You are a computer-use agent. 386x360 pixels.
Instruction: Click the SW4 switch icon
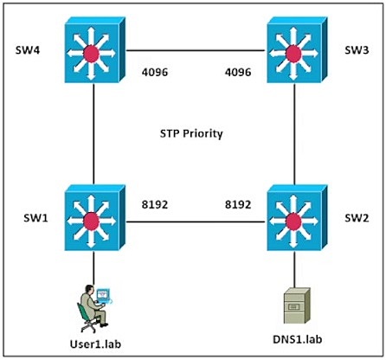95,50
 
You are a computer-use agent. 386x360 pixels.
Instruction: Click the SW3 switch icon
297,50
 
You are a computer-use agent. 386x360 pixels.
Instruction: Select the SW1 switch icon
95,218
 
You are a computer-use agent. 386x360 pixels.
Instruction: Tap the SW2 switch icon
297,218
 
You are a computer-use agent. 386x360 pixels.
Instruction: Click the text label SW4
28,50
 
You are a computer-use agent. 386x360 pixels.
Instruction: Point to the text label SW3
357,50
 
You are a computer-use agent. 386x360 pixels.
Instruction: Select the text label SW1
35,218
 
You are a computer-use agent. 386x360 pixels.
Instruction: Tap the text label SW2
357,218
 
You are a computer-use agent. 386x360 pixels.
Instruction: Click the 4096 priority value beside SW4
155,72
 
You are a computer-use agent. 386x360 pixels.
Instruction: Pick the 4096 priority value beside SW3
238,72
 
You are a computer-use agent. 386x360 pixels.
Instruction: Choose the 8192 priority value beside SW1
155,204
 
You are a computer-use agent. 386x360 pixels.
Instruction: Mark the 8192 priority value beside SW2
238,204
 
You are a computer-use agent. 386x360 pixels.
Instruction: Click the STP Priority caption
191,134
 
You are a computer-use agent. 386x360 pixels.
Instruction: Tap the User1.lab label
95,344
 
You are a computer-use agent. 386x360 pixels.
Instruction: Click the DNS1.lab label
298,339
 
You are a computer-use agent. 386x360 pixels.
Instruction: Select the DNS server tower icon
297,306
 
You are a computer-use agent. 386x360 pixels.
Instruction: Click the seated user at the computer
93,309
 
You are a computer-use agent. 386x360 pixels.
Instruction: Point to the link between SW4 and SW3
196,51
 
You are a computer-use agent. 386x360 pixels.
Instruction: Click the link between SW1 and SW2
196,222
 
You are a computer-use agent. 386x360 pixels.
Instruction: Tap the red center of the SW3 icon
293,54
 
